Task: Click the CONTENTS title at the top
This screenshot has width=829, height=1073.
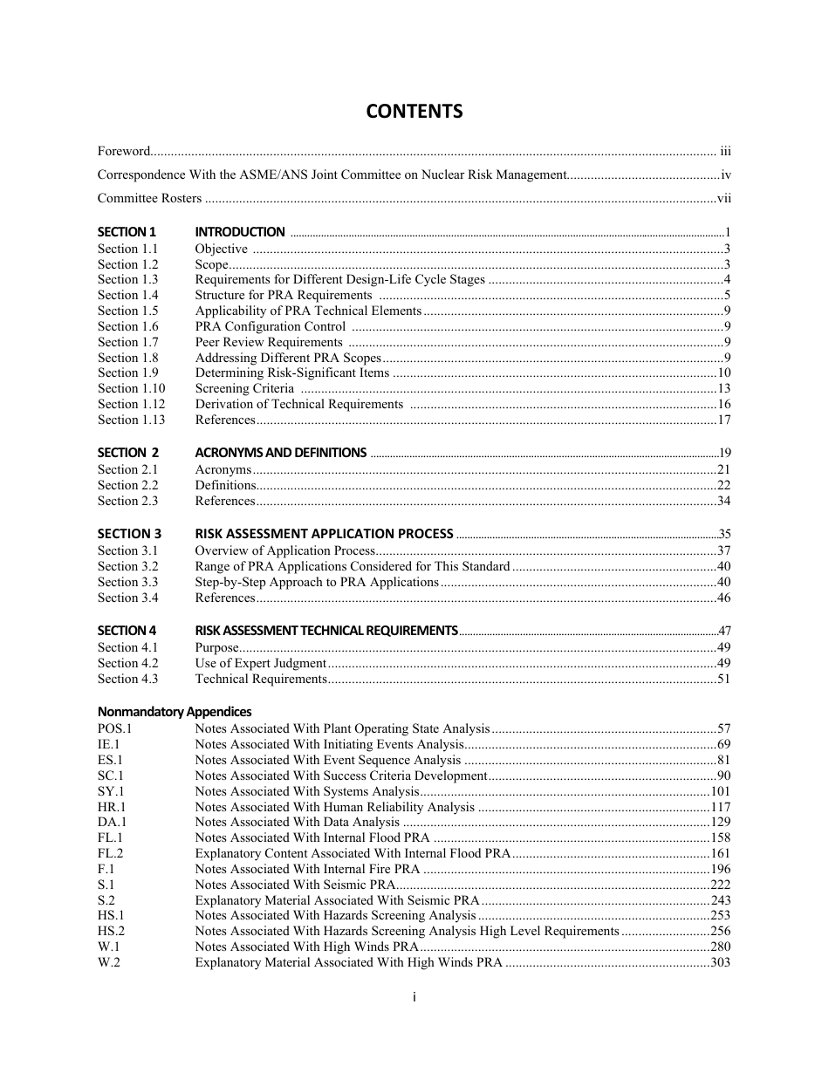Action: pos(414,112)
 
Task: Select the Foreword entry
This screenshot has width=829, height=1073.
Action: pos(124,151)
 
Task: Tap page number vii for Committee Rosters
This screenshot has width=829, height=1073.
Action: pos(723,199)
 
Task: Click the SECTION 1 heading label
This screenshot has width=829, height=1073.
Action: pos(127,232)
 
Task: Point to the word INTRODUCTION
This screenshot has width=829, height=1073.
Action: pos(239,232)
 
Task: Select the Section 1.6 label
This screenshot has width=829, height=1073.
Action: pos(127,326)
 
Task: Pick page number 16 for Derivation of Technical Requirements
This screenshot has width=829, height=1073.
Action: pos(723,404)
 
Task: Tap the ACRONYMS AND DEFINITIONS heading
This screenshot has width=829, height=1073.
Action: pos(280,453)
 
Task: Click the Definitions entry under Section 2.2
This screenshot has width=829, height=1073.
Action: pos(225,485)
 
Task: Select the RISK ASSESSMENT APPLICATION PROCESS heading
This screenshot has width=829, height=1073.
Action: pos(324,534)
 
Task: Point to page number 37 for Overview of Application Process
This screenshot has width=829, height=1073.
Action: pos(723,550)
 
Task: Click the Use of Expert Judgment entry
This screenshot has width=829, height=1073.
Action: pos(260,663)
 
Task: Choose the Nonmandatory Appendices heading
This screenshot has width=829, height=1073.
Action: pos(175,712)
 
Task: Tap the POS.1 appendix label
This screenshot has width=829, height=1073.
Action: pos(114,728)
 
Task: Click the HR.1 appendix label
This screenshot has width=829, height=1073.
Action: pos(112,807)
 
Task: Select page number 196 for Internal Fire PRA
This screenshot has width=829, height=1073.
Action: pos(720,869)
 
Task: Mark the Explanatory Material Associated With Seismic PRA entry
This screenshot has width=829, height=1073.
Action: pos(337,900)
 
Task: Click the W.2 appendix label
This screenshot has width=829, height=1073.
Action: pos(109,962)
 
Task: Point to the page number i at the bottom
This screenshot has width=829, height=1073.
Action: pos(414,997)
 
